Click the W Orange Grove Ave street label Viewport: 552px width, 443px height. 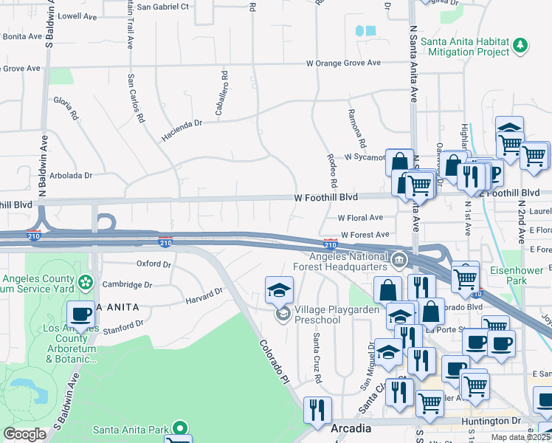point(344,63)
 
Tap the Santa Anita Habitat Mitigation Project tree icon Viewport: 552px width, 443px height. point(521,45)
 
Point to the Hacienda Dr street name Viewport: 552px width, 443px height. point(182,131)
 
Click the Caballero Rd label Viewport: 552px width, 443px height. point(223,95)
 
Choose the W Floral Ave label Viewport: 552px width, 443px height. point(360,218)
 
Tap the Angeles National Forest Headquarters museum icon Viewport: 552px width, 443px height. point(399,259)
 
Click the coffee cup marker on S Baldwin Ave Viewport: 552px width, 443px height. point(81,314)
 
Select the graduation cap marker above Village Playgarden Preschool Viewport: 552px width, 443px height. point(280,290)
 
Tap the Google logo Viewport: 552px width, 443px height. point(24,434)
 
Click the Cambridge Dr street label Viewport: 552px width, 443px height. point(128,284)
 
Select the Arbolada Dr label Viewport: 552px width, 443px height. point(71,176)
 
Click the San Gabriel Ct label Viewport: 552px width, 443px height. point(163,7)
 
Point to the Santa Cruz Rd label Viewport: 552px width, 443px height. point(317,357)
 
